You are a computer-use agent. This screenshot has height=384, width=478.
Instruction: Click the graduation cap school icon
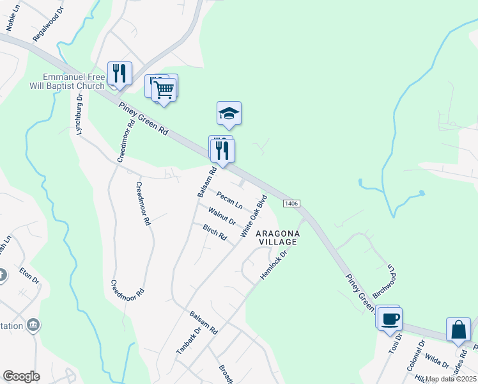click(229, 113)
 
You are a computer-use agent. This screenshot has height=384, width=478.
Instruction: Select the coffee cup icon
click(390, 317)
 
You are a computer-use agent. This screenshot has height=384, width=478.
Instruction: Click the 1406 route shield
click(291, 203)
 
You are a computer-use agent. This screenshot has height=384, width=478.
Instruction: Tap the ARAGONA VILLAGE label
click(277, 238)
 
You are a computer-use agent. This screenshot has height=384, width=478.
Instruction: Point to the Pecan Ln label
click(229, 200)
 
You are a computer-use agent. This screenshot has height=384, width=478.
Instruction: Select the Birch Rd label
click(215, 232)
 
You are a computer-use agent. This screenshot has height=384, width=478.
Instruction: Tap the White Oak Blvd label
click(253, 216)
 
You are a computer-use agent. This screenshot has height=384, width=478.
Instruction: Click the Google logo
click(21, 376)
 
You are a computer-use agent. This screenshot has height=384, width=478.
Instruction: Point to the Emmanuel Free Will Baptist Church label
click(73, 81)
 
